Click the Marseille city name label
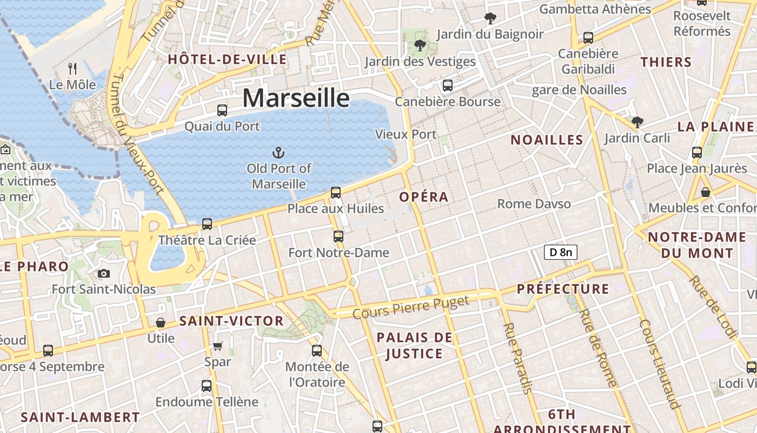tap(296, 98)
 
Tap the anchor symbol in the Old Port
tap(279, 153)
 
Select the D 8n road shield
tap(560, 252)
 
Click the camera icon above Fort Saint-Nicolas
tap(104, 274)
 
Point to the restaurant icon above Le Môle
tap(72, 69)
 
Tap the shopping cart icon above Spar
tap(217, 346)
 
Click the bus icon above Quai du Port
tap(222, 110)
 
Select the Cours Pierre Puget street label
tap(411, 307)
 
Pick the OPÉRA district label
tap(424, 197)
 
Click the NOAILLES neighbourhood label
tap(547, 140)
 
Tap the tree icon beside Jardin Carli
tap(638, 122)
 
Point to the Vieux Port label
tap(406, 134)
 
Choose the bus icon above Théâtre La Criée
tap(207, 224)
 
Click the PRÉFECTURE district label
tap(563, 289)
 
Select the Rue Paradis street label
tap(518, 358)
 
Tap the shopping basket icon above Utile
tap(161, 323)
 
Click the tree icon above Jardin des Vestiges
tap(420, 45)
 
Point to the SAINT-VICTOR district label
tap(231, 321)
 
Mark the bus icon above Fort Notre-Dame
tap(338, 237)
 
